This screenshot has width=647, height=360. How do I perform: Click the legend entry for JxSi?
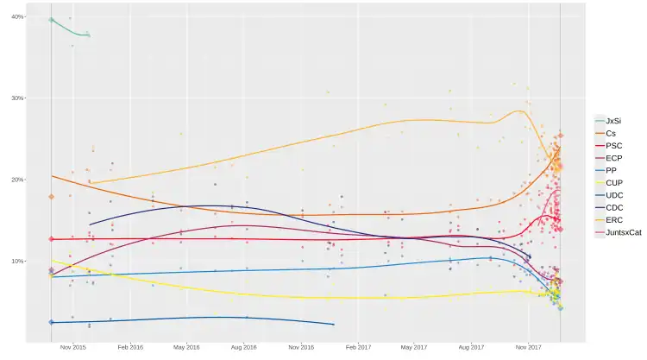(x=612, y=121)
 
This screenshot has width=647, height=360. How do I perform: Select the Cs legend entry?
(x=611, y=133)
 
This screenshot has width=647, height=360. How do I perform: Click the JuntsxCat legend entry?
(x=621, y=233)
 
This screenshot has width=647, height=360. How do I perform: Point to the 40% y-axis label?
(x=17, y=17)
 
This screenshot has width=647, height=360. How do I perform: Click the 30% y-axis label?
(x=17, y=98)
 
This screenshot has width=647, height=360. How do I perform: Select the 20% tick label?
(x=17, y=180)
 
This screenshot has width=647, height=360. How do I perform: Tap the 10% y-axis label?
(x=17, y=261)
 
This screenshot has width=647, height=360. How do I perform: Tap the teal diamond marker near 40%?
(x=52, y=19)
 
